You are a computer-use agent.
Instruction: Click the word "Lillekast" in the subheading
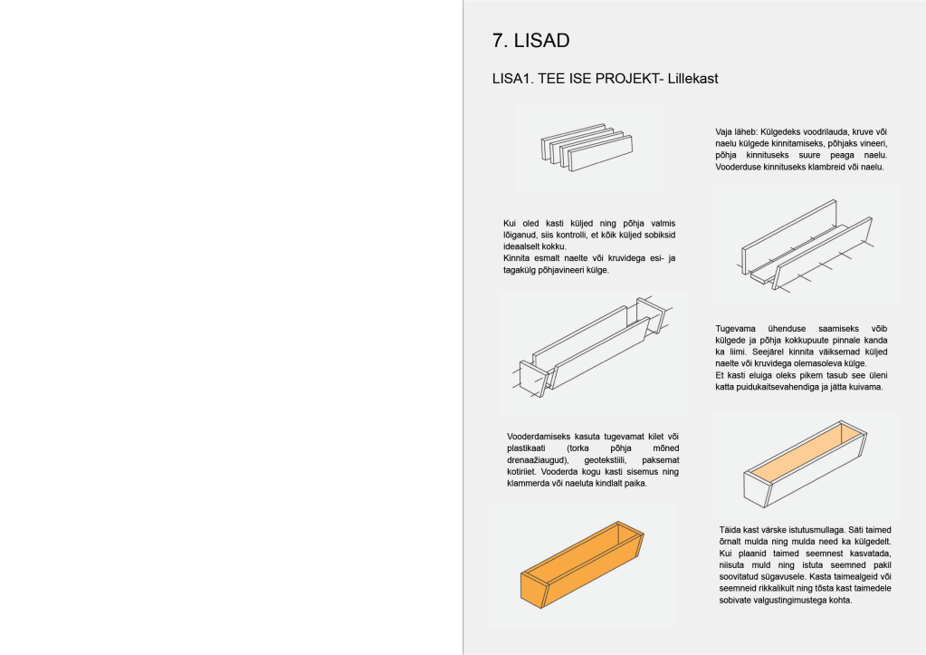coord(692,79)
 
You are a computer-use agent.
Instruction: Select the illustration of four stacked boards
coord(587,148)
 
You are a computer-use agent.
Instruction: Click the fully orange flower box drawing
coord(582,564)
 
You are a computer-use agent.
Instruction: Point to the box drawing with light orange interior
coord(805,465)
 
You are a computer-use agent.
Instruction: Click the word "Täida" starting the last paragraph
coord(730,530)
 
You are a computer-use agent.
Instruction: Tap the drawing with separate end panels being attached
coord(592,349)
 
